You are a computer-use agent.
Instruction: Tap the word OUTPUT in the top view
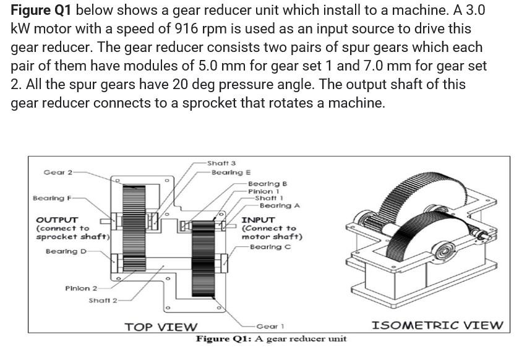[57, 220]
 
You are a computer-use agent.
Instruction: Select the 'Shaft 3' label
[221, 163]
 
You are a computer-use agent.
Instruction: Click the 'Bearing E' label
[231, 172]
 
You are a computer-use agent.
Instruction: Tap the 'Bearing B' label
[267, 184]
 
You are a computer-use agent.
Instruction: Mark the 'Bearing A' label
[280, 205]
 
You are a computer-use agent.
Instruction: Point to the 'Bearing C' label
[271, 247]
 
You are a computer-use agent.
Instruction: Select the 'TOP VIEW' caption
[161, 327]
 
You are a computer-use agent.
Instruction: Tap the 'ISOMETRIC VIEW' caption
[437, 325]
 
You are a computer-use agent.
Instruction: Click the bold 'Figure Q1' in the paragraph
[41, 11]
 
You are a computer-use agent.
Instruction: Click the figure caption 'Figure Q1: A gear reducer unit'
[271, 339]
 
